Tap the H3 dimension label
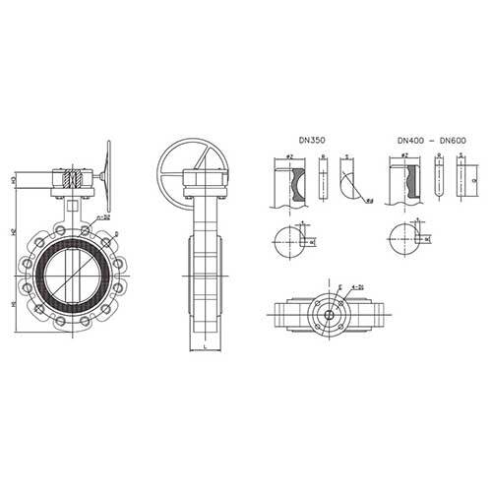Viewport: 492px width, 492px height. pyautogui.click(x=14, y=182)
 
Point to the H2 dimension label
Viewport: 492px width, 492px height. pyautogui.click(x=14, y=233)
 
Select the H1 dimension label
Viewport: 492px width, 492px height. pyautogui.click(x=14, y=304)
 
